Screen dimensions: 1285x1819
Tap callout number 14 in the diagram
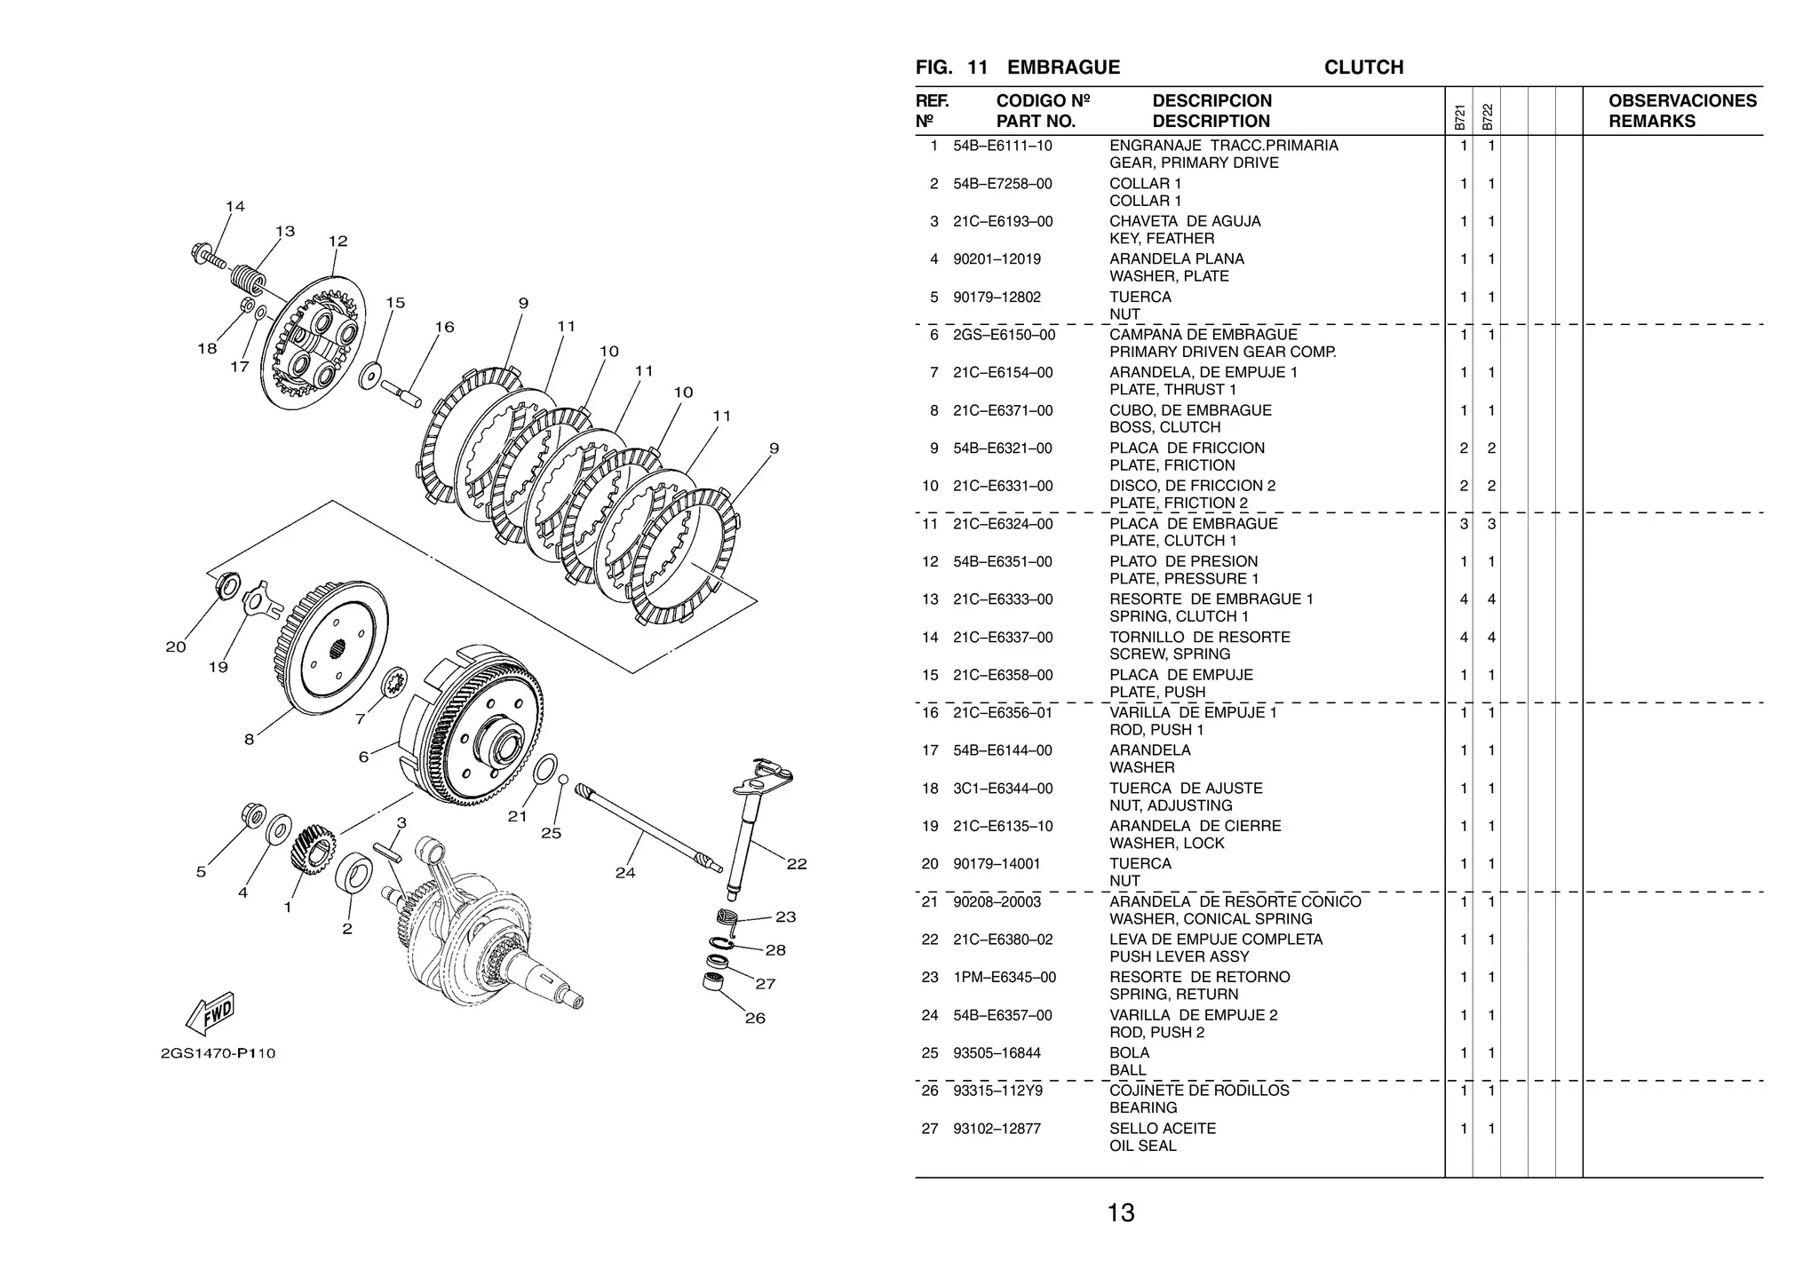[x=234, y=207]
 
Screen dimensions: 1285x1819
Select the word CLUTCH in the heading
[x=1362, y=67]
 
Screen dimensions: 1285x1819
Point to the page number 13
[x=1120, y=1213]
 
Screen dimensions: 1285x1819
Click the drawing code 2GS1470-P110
[x=218, y=1054]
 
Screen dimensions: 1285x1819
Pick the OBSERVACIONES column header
[x=1681, y=101]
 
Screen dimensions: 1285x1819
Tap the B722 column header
[x=1488, y=118]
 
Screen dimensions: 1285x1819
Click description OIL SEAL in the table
[x=1142, y=1146]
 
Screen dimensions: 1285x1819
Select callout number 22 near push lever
[x=797, y=864]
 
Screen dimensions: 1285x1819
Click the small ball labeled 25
[x=563, y=779]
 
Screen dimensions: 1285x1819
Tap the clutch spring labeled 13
[x=247, y=278]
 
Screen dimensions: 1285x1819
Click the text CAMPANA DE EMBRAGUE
[x=1203, y=335]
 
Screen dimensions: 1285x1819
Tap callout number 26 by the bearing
[x=755, y=1019]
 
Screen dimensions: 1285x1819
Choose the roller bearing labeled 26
[x=712, y=982]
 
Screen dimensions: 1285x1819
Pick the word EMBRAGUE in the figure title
[x=1063, y=67]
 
